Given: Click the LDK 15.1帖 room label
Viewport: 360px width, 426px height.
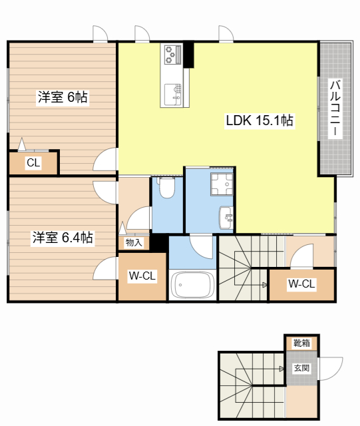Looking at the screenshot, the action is (260, 120).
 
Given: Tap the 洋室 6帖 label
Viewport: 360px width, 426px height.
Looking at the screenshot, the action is (63, 97).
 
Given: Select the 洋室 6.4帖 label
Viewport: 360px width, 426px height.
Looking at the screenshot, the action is (63, 238).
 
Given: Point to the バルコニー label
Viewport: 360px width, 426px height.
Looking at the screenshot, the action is (335, 108).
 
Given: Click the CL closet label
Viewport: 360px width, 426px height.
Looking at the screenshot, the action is (33, 162).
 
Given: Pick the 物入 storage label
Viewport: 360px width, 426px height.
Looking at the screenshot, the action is (134, 242).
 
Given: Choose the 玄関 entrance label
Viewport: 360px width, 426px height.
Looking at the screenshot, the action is (302, 368).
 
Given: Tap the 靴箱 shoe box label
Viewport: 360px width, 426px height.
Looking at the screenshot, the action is (302, 343).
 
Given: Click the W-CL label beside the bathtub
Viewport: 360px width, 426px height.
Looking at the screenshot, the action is (142, 276).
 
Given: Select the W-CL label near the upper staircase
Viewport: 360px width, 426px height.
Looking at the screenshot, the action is (301, 284).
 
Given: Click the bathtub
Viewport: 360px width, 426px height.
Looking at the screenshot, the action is (192, 285).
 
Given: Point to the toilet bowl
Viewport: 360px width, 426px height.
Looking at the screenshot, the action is (167, 187).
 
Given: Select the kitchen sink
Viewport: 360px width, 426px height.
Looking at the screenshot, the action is (173, 95).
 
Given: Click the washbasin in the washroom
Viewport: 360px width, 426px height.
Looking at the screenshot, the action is (226, 218).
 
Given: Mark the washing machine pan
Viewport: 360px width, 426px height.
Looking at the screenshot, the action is (222, 184).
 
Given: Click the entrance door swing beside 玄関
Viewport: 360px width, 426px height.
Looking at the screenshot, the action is (330, 369).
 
